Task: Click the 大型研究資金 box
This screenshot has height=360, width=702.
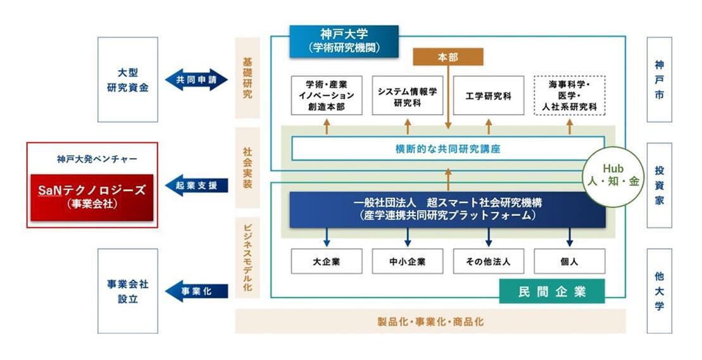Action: click(127, 80)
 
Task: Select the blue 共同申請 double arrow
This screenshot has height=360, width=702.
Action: click(196, 80)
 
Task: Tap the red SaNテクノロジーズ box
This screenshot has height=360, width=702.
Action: click(92, 196)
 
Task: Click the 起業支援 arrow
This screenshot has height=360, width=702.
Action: click(196, 185)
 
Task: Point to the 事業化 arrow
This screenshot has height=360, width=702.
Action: click(196, 291)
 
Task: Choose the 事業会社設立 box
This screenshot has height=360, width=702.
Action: click(127, 291)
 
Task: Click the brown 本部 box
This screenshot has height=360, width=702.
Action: click(448, 57)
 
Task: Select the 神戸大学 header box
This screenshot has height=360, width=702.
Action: click(344, 40)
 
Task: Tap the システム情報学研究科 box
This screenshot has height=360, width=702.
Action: click(407, 96)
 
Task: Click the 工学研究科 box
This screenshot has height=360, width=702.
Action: click(488, 96)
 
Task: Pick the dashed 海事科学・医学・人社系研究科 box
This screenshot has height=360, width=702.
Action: click(569, 96)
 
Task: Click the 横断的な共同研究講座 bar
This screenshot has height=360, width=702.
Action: click(448, 149)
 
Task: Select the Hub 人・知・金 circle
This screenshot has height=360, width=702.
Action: click(613, 177)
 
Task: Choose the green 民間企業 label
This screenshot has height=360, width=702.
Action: click(552, 292)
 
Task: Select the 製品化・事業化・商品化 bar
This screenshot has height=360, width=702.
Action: click(430, 321)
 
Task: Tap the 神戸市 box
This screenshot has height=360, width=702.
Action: click(660, 80)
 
